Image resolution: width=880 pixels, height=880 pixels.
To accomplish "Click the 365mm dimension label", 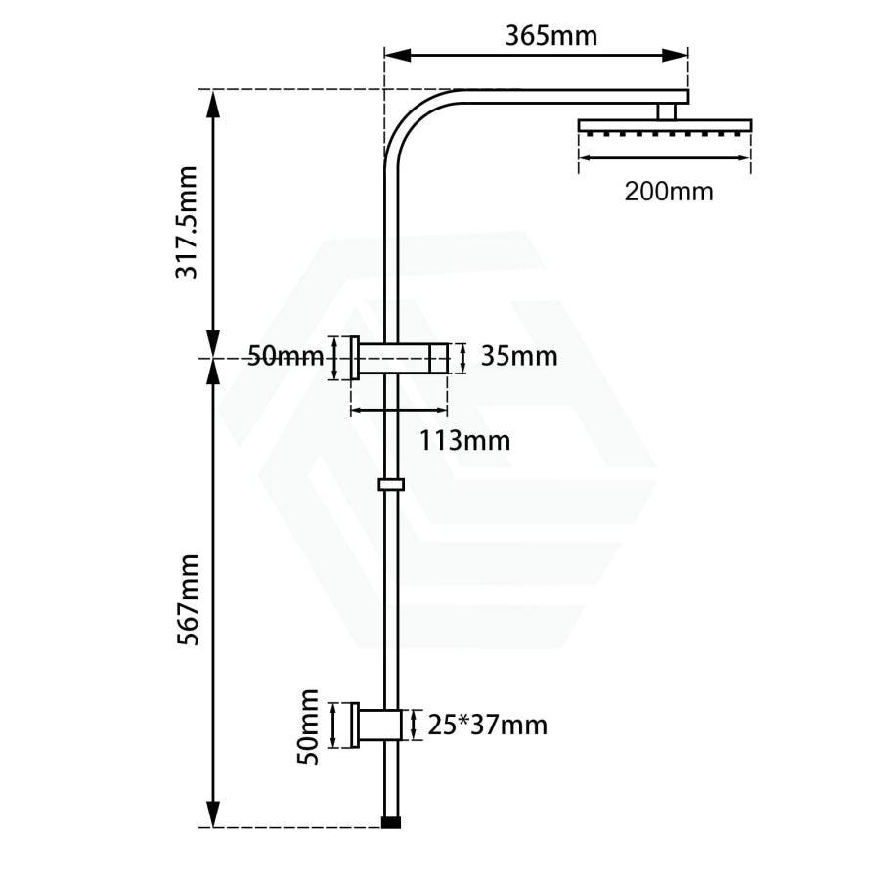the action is (x=551, y=37).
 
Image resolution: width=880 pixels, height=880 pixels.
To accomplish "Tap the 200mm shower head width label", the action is (x=669, y=192).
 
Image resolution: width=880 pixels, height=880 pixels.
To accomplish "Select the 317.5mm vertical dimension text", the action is (x=187, y=222).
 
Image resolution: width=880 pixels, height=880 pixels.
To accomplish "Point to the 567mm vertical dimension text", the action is (x=188, y=599).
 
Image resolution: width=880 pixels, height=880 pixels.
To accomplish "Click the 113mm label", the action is (x=465, y=441).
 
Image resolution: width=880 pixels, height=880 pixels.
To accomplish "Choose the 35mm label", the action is (x=520, y=356).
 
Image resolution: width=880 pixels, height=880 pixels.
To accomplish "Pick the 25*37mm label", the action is (x=487, y=726).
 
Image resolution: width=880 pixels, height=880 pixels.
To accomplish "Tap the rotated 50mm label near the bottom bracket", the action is (x=308, y=726).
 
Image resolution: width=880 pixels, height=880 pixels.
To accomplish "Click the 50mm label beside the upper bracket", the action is (x=286, y=356).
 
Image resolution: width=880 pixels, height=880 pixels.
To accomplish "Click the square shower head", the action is (x=665, y=126).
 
